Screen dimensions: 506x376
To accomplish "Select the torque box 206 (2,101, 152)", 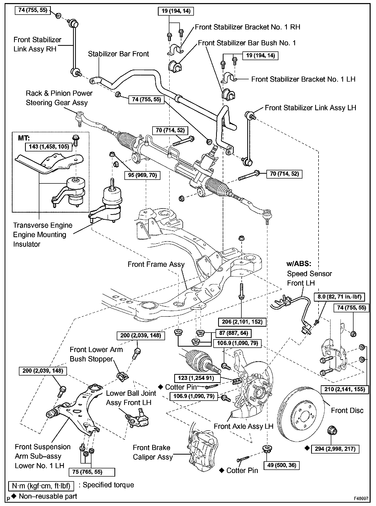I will coord(242,322).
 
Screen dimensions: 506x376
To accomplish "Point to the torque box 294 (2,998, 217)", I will coord(335,449).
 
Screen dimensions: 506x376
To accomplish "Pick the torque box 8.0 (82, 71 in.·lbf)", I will coord(339,297).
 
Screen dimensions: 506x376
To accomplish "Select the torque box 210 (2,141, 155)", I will coord(344,390).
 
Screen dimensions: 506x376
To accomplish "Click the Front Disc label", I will coord(347,411).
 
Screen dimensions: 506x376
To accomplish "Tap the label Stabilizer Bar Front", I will coord(119,54).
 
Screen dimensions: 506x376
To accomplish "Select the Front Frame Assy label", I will coord(156,264).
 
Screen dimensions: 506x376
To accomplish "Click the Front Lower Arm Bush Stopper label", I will coord(96,354).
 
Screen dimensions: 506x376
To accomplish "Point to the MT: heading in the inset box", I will coord(24,138).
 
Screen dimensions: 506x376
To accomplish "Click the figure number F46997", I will coord(361,499).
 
